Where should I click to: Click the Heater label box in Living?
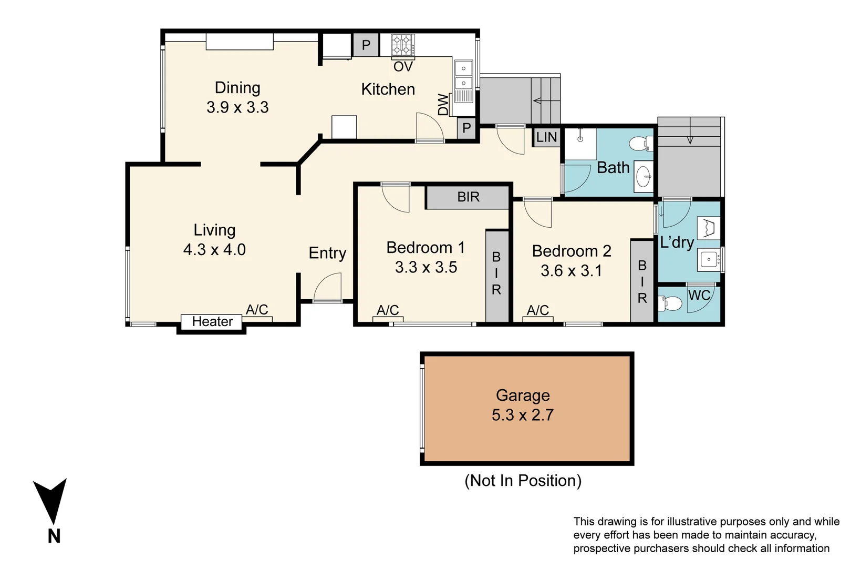coord(212,321)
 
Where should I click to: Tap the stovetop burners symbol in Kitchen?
coord(403,45)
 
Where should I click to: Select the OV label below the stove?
coord(403,67)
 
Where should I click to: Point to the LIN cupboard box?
coord(546,137)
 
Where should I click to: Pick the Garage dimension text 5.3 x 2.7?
coord(523,415)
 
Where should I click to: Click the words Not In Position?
coord(523,481)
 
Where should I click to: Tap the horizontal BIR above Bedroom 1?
coord(468,197)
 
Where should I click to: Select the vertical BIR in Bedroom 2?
coord(642,281)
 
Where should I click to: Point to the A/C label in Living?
coord(257,310)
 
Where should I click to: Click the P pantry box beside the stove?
coord(366,45)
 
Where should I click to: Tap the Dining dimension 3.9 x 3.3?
coord(237,107)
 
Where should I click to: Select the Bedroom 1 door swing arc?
coord(396,199)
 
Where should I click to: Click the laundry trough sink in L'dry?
coord(709,260)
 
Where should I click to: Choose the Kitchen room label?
coord(388,89)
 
